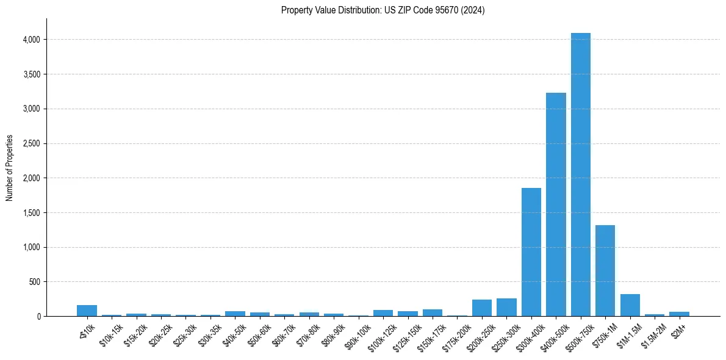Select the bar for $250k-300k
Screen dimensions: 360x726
(506, 308)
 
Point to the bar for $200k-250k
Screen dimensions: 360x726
(482, 308)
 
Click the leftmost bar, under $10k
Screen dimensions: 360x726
(87, 311)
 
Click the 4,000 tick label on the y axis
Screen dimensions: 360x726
(31, 40)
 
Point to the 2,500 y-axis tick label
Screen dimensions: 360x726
(31, 143)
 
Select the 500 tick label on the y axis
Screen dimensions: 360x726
(35, 282)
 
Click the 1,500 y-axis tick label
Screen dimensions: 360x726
(31, 213)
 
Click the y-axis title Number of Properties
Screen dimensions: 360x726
(10, 167)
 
